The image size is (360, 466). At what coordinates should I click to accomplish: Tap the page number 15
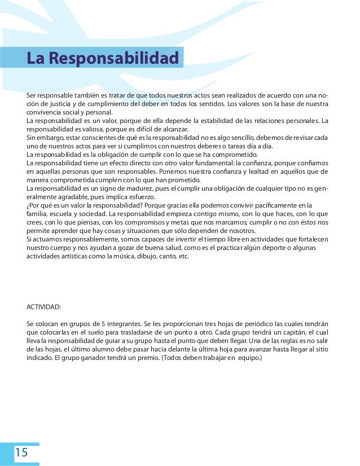(21, 451)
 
